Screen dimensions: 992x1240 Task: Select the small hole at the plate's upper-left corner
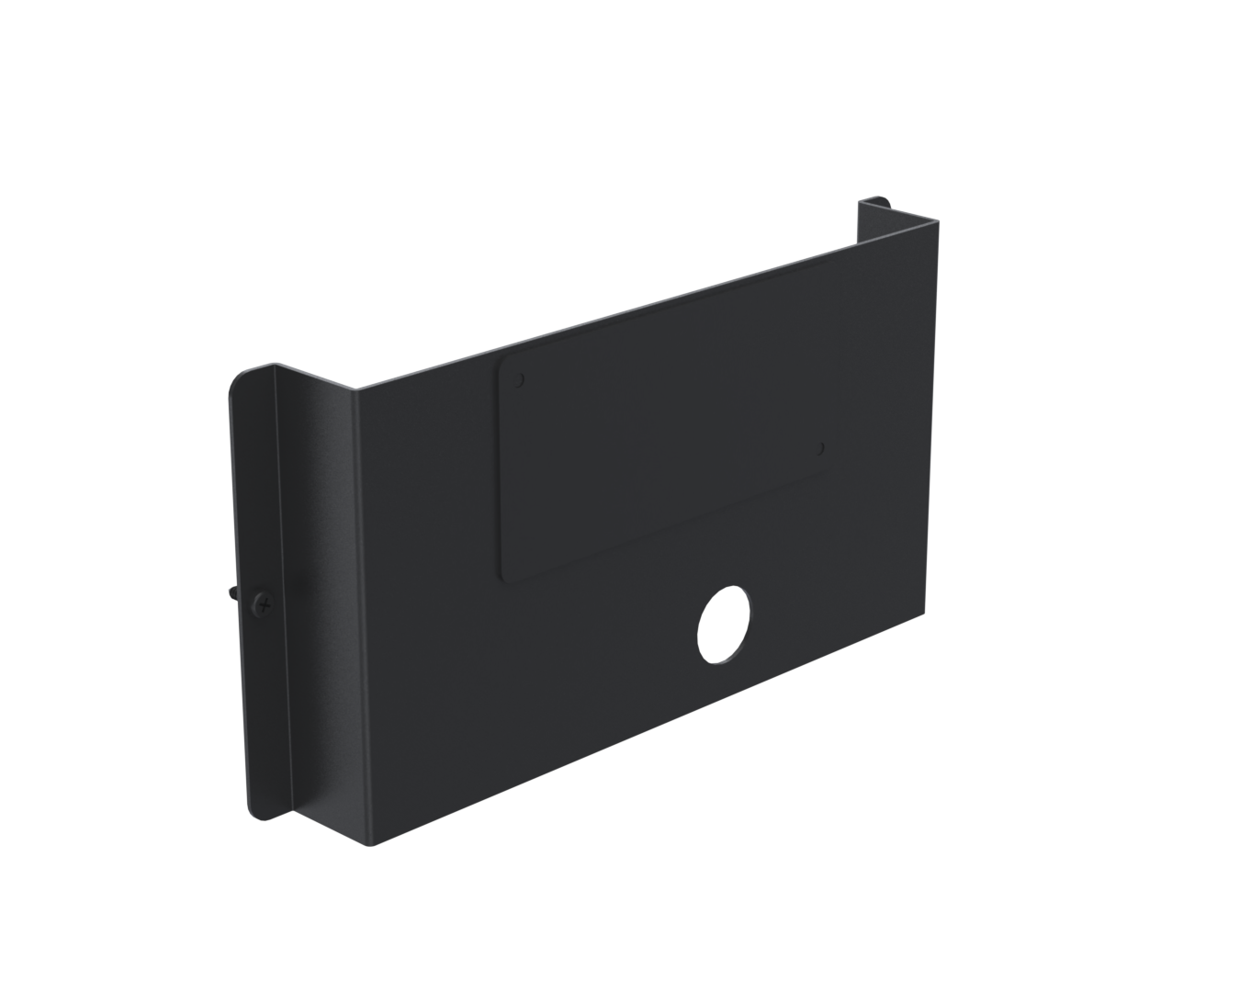[x=520, y=378]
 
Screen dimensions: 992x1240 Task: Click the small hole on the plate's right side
[x=821, y=448]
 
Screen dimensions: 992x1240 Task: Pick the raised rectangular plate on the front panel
[x=661, y=468]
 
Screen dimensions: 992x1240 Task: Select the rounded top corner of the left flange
[x=241, y=375]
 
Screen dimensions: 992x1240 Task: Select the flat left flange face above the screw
[x=254, y=487]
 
